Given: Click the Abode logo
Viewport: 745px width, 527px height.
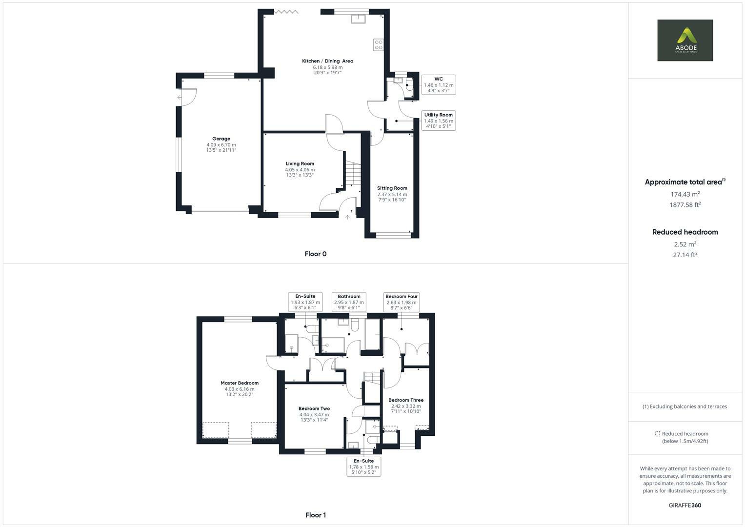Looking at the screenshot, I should (685, 40).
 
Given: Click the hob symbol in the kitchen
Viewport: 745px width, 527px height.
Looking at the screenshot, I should (378, 45).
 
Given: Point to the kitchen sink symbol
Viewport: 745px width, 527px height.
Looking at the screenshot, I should (360, 19).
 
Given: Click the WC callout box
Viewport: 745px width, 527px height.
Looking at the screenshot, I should (438, 84).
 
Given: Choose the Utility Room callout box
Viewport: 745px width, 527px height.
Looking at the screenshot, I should (438, 121).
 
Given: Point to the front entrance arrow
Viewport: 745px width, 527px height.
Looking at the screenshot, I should (347, 217).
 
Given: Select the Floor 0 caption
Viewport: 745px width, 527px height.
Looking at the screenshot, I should (315, 254).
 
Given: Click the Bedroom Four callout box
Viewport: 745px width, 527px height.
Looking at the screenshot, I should (402, 302).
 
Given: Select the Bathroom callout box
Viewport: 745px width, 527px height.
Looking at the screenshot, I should (349, 302).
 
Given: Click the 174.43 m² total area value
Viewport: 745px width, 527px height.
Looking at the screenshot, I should (685, 194).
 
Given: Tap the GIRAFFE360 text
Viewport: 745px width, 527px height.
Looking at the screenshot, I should (685, 505).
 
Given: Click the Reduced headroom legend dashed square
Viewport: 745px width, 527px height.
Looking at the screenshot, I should (657, 434).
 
